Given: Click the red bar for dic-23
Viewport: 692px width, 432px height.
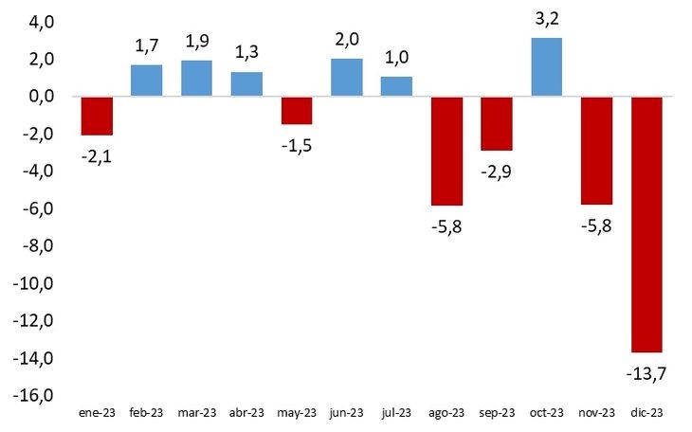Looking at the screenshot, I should click(646, 225).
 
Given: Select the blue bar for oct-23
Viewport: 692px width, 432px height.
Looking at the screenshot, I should click(547, 67).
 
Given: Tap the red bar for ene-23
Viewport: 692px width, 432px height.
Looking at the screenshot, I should click(97, 116).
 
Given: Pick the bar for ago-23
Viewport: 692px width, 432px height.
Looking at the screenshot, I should click(446, 151).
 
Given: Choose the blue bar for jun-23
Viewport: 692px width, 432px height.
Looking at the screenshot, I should click(347, 78).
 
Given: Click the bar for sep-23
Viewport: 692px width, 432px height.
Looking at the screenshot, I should click(497, 123).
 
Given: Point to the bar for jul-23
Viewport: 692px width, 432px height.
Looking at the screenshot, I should click(396, 87).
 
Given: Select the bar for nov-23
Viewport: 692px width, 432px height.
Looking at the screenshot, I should click(596, 151).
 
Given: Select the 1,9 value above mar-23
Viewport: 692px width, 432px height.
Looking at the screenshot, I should click(197, 42).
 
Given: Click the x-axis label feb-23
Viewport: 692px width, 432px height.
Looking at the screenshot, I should click(147, 413).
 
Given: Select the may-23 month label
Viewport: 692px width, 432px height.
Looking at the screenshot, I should click(297, 413).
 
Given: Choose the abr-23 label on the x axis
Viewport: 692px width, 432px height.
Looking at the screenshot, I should click(246, 413).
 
